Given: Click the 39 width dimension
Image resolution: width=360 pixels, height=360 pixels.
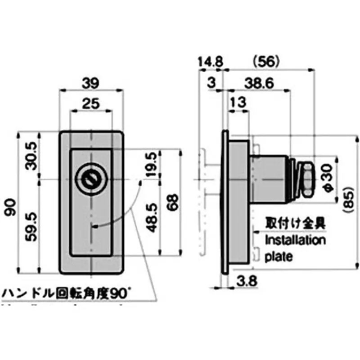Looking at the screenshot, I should pos(91,83).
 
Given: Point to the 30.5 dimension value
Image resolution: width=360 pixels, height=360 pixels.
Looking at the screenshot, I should pos(31,156).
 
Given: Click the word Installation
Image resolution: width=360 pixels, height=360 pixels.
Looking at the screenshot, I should pos(295,240).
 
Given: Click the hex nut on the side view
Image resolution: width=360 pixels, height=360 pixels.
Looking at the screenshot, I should pos(306,180).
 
